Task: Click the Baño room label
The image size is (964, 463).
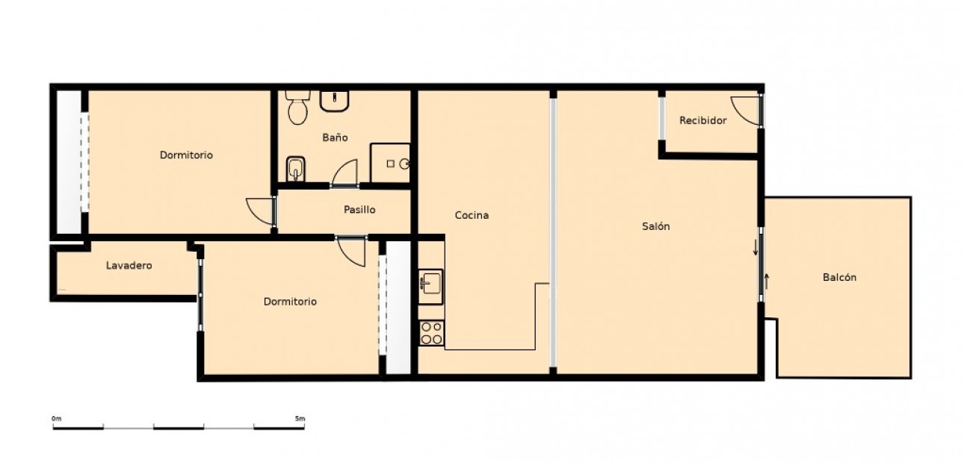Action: tap(335, 137)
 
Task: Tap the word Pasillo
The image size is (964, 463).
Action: tap(359, 210)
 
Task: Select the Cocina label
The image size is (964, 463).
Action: tap(472, 215)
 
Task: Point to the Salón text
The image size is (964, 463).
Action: tap(655, 226)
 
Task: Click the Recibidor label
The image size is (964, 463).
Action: tap(702, 120)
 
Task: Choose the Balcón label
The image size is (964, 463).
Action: tap(839, 277)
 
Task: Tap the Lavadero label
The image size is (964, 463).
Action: tap(129, 265)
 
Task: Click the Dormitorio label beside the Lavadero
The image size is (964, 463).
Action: tap(290, 302)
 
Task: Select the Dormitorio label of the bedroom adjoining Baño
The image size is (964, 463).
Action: tap(186, 155)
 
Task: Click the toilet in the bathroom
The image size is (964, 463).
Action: tap(298, 108)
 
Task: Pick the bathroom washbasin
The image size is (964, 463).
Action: tap(335, 101)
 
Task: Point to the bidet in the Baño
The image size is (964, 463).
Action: tap(296, 169)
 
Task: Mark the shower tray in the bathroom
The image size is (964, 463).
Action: tap(390, 163)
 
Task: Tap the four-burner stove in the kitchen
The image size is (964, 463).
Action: tap(431, 333)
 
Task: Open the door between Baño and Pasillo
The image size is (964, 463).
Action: tap(345, 174)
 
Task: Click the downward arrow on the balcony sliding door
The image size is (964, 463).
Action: tap(756, 246)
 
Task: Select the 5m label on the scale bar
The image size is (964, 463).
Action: tap(300, 419)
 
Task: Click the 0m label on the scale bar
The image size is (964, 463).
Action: tap(56, 419)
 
